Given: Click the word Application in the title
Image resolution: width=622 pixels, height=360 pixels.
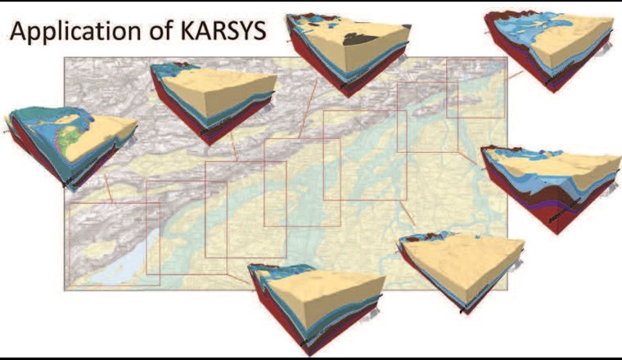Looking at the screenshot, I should click(74, 34).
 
